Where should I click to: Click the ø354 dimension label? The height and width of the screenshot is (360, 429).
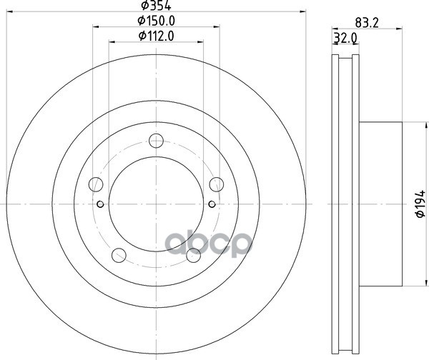[156, 5]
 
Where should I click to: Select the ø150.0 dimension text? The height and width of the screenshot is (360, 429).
[156, 21]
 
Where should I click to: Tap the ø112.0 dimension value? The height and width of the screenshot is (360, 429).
[156, 36]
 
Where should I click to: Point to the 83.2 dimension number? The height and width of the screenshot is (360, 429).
[367, 23]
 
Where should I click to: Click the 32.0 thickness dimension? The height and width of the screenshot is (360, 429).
[345, 38]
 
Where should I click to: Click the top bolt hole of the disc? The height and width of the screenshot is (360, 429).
[156, 141]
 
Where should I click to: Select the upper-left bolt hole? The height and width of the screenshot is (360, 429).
[96, 184]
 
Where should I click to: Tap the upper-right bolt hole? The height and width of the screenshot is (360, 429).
[217, 184]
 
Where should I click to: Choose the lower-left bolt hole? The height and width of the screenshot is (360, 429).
[119, 255]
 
